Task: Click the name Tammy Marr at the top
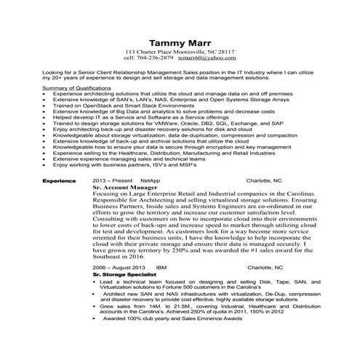coord(180,41)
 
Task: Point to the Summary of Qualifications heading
coord(77,87)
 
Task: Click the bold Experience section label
coord(59,179)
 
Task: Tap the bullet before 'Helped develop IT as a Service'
coord(46,116)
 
